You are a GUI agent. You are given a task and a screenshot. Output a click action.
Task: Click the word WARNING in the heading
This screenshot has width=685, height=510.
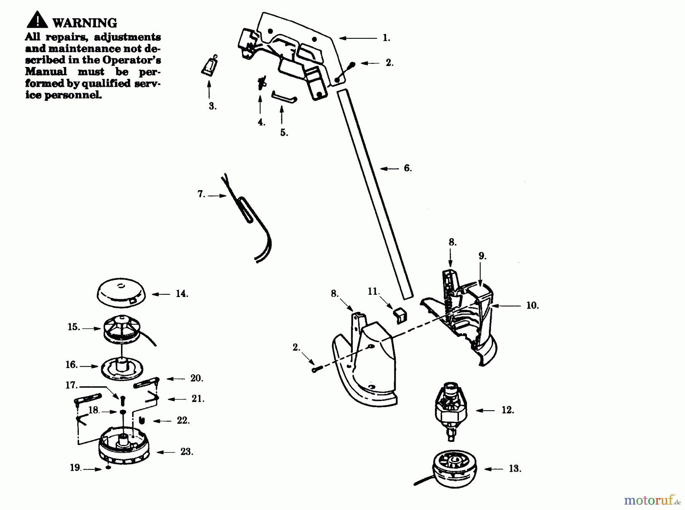[85, 23]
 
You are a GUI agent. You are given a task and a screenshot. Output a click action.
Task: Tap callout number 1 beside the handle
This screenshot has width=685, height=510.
[386, 38]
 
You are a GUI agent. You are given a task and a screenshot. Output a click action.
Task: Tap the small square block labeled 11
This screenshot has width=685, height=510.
[400, 315]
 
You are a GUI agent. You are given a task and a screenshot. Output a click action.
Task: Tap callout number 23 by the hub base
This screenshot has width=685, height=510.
[186, 452]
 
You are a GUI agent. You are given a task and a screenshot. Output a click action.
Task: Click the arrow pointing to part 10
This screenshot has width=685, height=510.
[506, 306]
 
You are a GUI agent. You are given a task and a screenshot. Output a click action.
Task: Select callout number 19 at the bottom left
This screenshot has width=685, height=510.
[75, 468]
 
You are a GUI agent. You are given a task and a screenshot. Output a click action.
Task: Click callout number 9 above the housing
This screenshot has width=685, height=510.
[482, 256]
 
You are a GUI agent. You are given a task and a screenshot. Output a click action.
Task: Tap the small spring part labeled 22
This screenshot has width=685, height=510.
[142, 420]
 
